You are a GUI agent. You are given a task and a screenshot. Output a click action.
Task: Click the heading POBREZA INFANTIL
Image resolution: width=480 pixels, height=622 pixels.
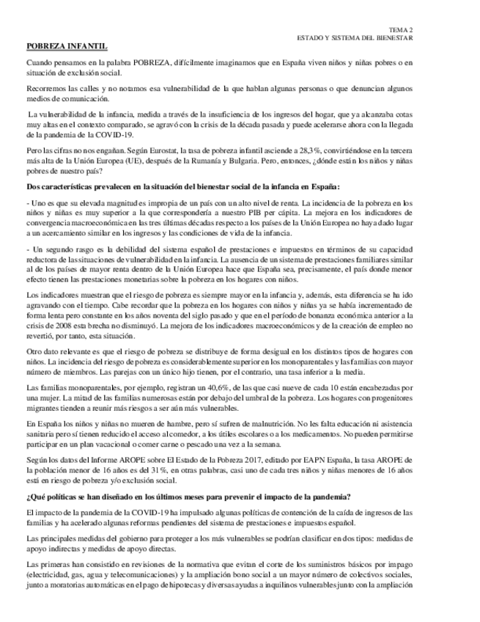tap(67, 46)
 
